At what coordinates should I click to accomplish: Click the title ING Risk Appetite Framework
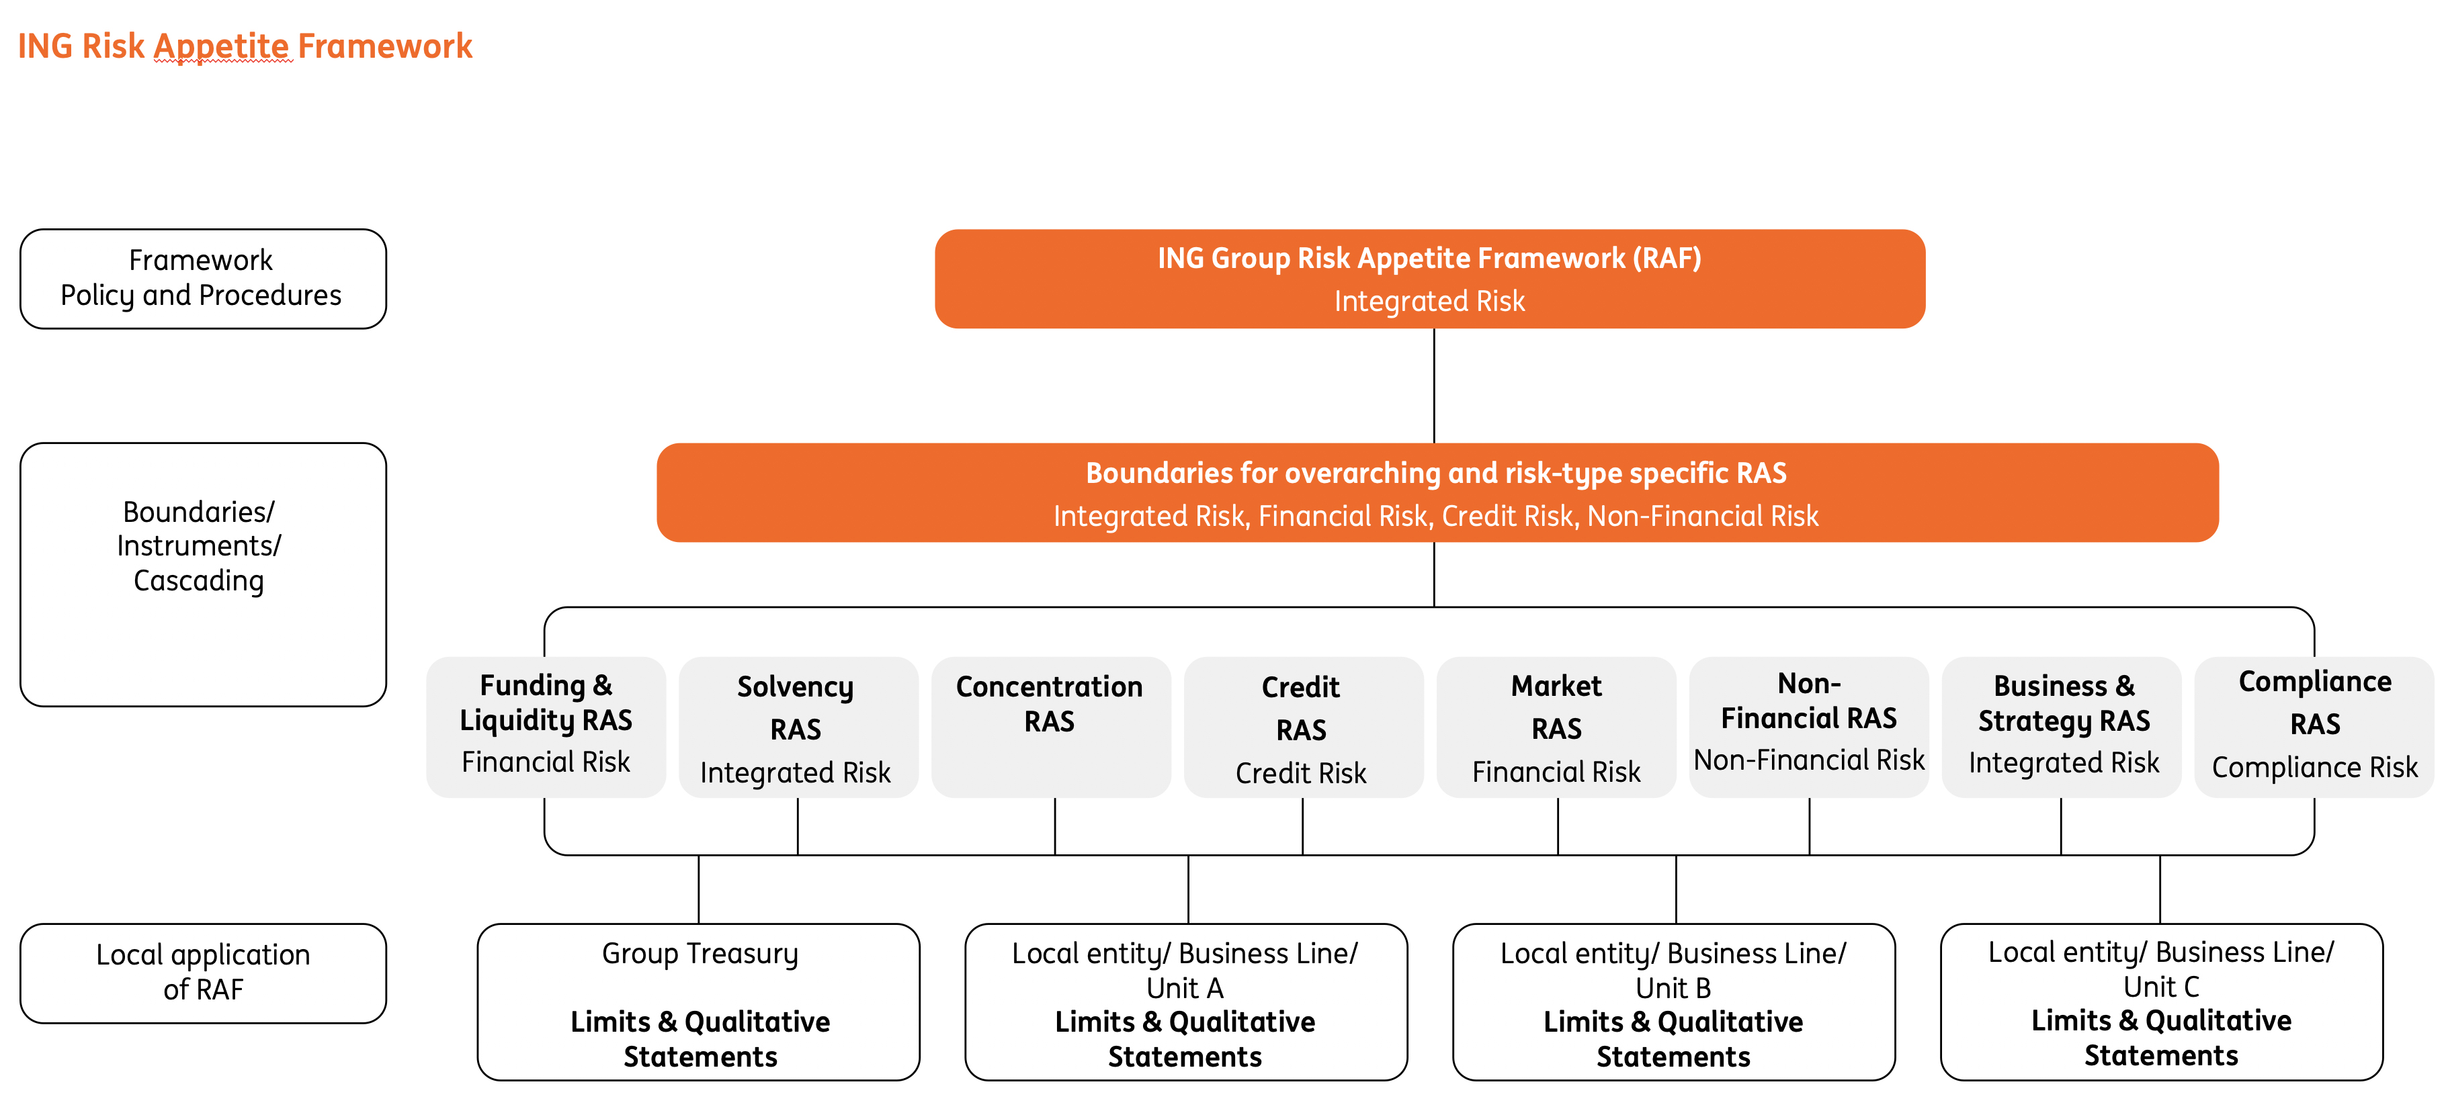tap(245, 46)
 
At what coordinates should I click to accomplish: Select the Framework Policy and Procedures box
tap(202, 278)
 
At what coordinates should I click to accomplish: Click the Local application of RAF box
tap(202, 973)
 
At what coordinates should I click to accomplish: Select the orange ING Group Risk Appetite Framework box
tap(1429, 278)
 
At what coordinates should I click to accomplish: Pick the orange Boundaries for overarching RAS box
tap(1436, 492)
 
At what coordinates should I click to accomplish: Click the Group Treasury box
tap(699, 1001)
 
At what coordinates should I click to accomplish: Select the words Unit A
tap(1184, 988)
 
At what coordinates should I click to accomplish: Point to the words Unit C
tap(2160, 987)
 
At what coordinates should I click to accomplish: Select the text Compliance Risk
tap(2314, 767)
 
